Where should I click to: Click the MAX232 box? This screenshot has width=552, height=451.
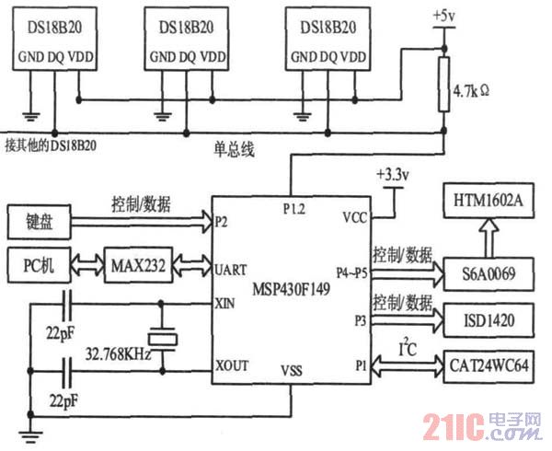(x=138, y=265)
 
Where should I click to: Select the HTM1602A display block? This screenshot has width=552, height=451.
(x=489, y=201)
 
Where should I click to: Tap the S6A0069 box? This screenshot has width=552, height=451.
(x=489, y=274)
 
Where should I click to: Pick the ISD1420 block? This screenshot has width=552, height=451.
(x=489, y=320)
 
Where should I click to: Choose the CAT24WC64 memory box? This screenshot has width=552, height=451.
(x=489, y=366)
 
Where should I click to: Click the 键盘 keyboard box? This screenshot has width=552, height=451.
(x=39, y=222)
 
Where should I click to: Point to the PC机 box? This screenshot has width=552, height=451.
(x=39, y=265)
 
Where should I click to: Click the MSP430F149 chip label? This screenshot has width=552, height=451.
(x=291, y=289)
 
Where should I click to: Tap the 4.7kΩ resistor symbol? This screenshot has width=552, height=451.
(x=444, y=85)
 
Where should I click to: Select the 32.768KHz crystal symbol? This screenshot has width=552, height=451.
(x=162, y=340)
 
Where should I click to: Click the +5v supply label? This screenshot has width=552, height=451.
(x=444, y=17)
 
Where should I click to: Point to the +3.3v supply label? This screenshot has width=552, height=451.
(x=393, y=175)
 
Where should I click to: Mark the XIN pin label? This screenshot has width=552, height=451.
(x=225, y=303)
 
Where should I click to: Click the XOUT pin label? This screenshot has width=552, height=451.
(x=232, y=365)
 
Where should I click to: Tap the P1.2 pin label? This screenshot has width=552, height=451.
(x=294, y=209)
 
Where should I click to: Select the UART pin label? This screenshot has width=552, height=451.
(x=230, y=271)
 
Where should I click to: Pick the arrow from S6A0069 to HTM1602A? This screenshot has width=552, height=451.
(x=489, y=237)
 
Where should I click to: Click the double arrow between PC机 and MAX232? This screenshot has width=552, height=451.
(x=87, y=264)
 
